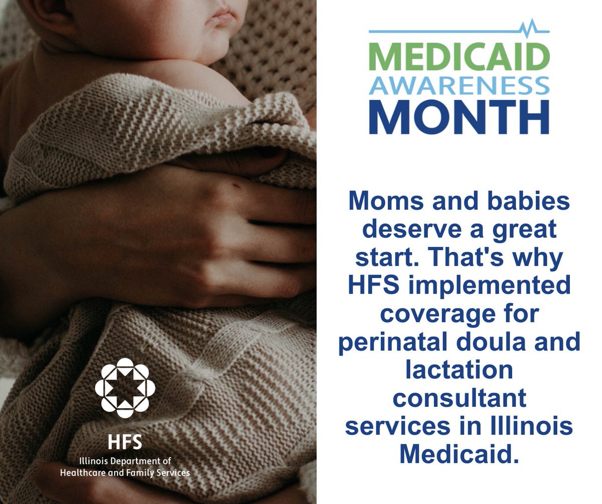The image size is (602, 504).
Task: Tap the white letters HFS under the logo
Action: pyautogui.click(x=125, y=442)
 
